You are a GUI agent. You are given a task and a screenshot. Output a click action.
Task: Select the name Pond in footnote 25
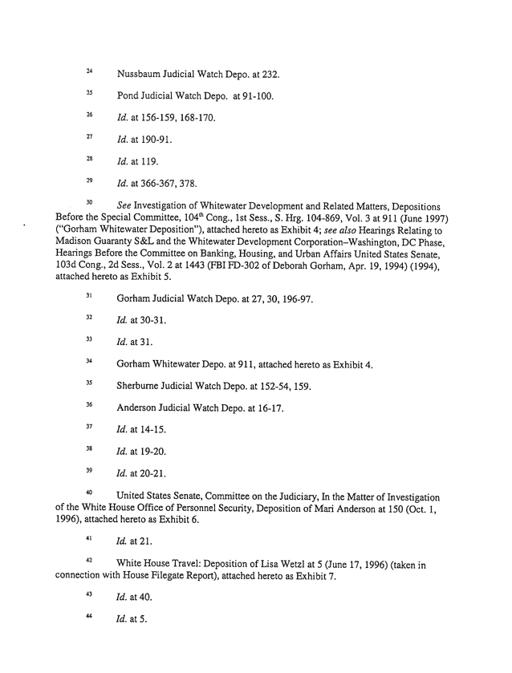tap(129, 97)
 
